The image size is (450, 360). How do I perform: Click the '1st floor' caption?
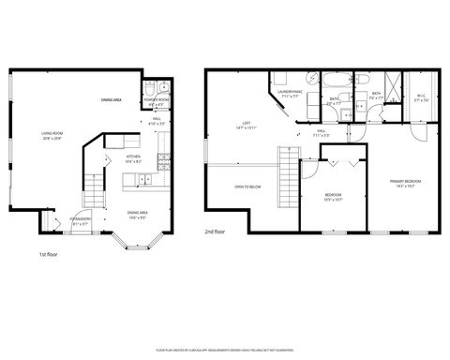click(49, 254)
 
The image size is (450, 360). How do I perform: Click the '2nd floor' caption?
click(215, 231)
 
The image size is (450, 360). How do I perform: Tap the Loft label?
click(246, 124)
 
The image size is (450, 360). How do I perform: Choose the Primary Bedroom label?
click(406, 182)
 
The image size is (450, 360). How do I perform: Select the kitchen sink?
click(164, 155)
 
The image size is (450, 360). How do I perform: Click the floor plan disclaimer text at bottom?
click(225, 348)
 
